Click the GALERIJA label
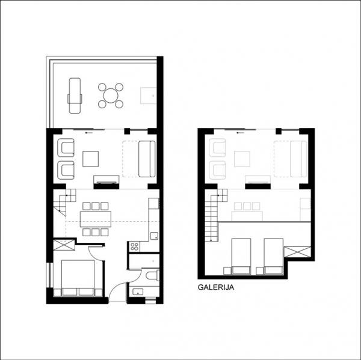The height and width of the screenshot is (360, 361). point(216,287)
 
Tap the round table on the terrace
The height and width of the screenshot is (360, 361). point(111,96)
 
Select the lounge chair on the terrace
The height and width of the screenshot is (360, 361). point(75,96)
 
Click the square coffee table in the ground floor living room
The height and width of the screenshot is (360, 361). point(90,159)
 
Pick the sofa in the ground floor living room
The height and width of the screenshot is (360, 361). point(147,159)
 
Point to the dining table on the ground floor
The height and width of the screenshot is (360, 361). point(96,219)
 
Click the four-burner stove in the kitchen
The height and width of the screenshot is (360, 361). point(134,246)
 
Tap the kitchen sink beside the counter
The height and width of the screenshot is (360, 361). point(154,236)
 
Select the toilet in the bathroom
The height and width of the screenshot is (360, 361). point(153,275)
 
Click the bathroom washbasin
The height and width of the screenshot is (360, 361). point(138,292)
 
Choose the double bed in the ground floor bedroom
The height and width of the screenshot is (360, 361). point(78,278)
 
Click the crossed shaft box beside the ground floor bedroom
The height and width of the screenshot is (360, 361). point(64,245)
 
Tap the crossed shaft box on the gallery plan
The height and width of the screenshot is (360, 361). point(297,252)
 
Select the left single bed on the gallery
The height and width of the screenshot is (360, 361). point(241,257)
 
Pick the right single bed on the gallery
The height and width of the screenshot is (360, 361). point(274,257)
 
